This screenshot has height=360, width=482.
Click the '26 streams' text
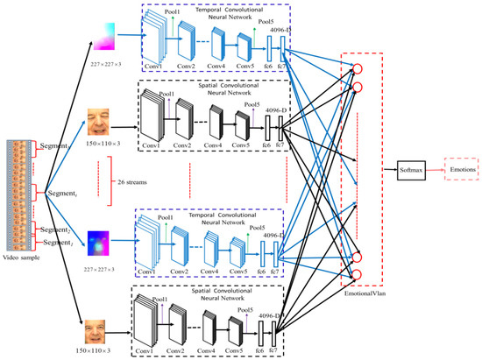point(133,170)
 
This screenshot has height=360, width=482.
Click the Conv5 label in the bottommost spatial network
point(240,353)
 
